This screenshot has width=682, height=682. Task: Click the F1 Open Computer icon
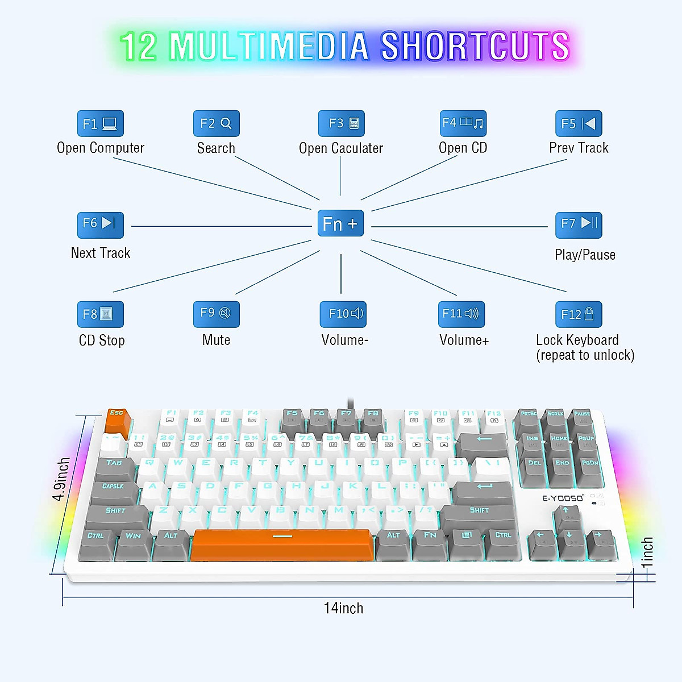101,123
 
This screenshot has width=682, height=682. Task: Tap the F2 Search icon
217,123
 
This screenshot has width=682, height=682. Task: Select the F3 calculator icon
341,123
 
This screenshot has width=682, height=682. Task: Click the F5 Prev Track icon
579,123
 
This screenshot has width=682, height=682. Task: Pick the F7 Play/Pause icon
579,224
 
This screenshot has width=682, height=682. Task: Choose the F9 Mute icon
217,314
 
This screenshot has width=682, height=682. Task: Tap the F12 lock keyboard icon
579,314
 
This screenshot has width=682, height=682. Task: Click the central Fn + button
340,224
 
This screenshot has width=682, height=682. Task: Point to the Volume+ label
464,340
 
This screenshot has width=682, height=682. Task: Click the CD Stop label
102,340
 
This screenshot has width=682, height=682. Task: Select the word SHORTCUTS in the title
475,47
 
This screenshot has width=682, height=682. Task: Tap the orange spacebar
282,544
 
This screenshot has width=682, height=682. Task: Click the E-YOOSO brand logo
563,498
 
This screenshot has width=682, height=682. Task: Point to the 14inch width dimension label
343,608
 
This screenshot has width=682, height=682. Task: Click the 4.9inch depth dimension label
61,479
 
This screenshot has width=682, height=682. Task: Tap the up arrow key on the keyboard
567,515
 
